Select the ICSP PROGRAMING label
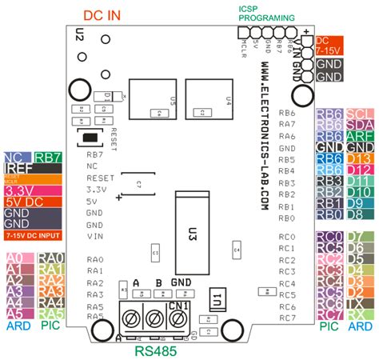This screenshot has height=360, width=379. [x=259, y=14]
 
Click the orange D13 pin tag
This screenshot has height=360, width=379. [x=360, y=159]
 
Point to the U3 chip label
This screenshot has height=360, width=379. [x=193, y=213]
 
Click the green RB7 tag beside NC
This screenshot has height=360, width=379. [x=49, y=158]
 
